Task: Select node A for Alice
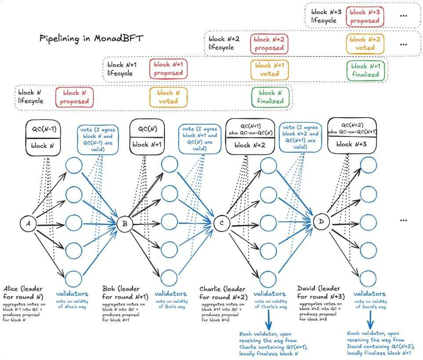(x=28, y=224)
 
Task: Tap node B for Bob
(x=125, y=224)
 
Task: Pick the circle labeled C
(x=222, y=224)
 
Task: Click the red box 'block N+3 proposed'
(x=365, y=16)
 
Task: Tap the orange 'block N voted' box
(x=168, y=97)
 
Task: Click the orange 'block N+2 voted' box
(x=365, y=44)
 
